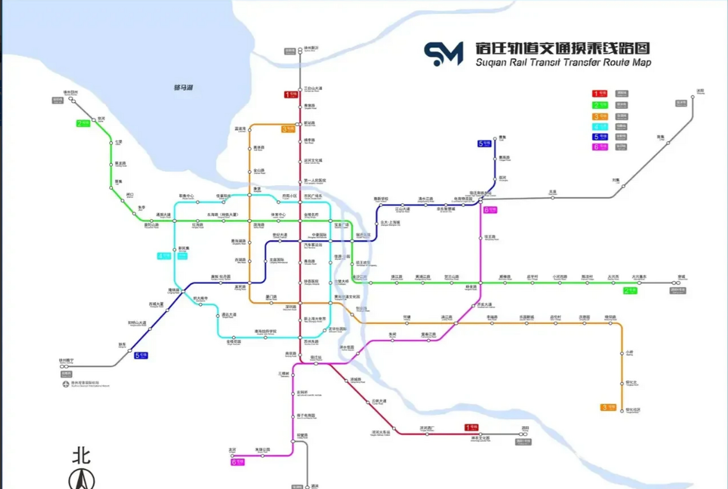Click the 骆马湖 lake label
point(183,87)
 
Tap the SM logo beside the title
point(443,53)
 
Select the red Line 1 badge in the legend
point(599,94)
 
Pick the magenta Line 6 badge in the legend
point(599,147)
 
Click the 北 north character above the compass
point(81,456)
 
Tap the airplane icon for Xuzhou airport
point(66,384)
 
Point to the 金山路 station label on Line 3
point(259,171)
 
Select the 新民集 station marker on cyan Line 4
point(175,250)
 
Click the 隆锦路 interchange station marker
point(183,291)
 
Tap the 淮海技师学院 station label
point(265,332)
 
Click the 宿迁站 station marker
point(316,364)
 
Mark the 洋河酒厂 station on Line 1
point(427,434)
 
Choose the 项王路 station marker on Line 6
point(481,238)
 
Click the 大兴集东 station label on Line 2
point(639,277)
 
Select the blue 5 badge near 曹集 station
point(484,144)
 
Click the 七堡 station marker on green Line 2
point(111,143)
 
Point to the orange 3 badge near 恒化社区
point(608,407)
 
